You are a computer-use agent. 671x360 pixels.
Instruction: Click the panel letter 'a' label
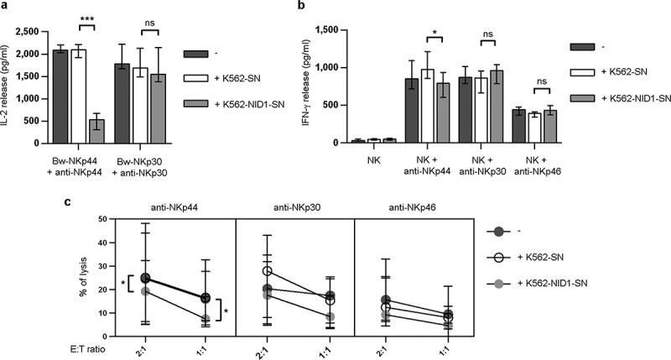click(5, 6)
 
